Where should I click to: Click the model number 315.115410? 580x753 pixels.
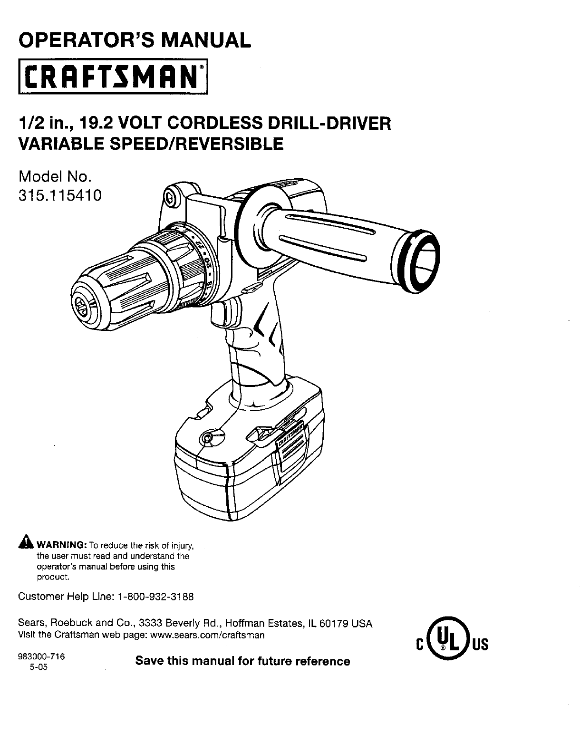tap(60, 195)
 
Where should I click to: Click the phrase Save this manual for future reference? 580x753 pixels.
tap(242, 661)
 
